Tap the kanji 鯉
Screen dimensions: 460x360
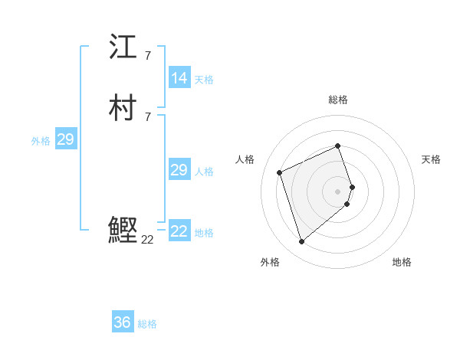(x=123, y=231)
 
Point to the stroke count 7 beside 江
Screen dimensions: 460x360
(x=147, y=55)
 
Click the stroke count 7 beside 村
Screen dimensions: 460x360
(x=147, y=116)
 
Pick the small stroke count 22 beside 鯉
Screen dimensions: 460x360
(x=147, y=240)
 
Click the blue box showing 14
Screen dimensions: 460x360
(x=179, y=78)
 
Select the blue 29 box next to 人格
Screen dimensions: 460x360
(x=179, y=170)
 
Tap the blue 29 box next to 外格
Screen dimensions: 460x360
(x=65, y=139)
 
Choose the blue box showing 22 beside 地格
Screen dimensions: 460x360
(x=179, y=231)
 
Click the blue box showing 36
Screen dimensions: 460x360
(x=122, y=322)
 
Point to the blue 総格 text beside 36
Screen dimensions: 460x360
(x=147, y=324)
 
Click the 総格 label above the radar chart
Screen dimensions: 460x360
(x=337, y=100)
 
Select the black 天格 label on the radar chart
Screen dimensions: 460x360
(x=431, y=159)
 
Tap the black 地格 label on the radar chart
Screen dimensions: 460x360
(x=402, y=262)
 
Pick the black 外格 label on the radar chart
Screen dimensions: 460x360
(x=270, y=262)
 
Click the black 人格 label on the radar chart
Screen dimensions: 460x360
(x=245, y=159)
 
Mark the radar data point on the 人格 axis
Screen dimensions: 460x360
(x=280, y=172)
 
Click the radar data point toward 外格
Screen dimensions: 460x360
(x=301, y=242)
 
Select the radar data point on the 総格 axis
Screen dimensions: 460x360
(x=337, y=146)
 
